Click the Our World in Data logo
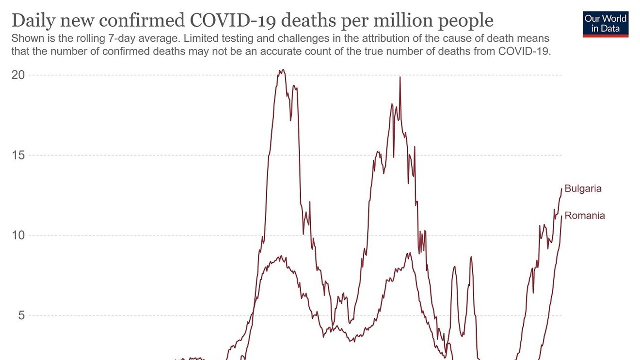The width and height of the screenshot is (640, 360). point(606,24)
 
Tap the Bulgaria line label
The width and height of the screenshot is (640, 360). point(583,188)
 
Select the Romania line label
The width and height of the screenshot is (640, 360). point(585,216)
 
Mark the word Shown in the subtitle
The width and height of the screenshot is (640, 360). point(25,38)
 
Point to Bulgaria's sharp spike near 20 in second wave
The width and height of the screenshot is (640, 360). point(400,78)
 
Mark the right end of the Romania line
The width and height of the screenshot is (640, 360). point(561,216)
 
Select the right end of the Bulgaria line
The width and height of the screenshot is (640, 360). point(561,188)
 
